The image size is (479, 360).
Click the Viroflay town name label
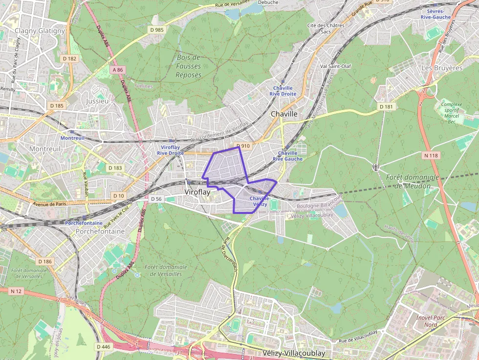pos(197,192)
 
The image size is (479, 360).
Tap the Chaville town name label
pos(284,114)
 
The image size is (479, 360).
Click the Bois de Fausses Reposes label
pos(189,66)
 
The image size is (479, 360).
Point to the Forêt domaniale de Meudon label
pos(413,181)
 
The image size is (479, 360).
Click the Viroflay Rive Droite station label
pos(170,150)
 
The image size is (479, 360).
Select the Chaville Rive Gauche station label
pos(287,156)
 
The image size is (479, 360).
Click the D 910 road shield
pos(243,146)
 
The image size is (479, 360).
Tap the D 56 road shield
pos(156,199)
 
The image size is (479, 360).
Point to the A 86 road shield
pos(118,70)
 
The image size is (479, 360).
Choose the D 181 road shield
pos(386,106)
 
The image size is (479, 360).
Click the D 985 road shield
pos(157,30)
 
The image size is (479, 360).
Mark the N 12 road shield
pos(16,291)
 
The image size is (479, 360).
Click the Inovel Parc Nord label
pos(424,320)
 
